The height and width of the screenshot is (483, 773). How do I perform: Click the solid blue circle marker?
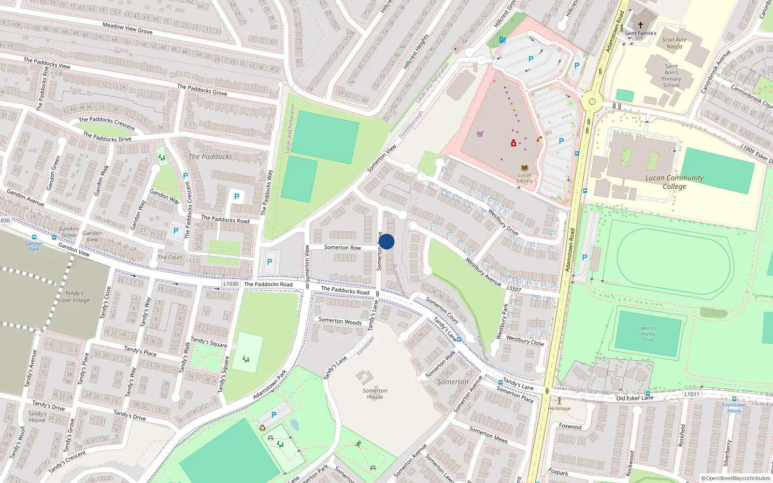[x=386, y=241]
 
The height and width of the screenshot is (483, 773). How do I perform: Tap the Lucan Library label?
[x=525, y=178]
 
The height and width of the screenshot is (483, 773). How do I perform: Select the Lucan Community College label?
[x=674, y=182]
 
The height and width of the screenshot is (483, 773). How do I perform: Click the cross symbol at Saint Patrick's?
[x=641, y=25]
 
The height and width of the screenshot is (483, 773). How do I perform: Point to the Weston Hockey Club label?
[x=648, y=334]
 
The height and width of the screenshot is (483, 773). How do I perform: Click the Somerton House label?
[x=375, y=394]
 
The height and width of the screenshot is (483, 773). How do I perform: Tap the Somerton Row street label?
[x=342, y=247]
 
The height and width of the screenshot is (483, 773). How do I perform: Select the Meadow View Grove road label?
[x=127, y=28]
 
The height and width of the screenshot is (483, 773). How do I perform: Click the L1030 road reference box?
[x=231, y=284]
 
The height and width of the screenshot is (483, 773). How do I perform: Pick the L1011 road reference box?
[x=691, y=394]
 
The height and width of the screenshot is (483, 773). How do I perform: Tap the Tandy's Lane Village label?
[x=74, y=297]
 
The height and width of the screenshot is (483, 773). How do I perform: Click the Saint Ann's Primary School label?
[x=671, y=76]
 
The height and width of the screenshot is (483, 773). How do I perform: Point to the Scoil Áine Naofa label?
[x=674, y=43]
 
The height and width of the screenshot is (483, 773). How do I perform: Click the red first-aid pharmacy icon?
[x=513, y=143]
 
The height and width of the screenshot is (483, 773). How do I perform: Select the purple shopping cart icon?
[x=480, y=134]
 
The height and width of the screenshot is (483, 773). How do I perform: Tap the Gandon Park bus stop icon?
[x=34, y=237]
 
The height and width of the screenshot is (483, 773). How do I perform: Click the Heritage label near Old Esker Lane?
[x=559, y=408]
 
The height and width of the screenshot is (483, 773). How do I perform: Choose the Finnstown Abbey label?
[x=734, y=408]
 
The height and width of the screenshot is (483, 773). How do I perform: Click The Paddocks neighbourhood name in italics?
[x=210, y=156]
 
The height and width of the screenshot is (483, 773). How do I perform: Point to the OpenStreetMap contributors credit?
[x=736, y=478]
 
